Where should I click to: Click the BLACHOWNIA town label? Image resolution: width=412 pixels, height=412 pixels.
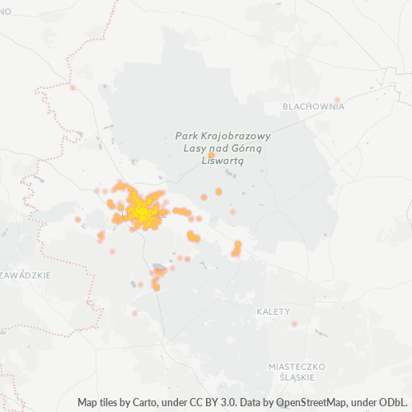312,107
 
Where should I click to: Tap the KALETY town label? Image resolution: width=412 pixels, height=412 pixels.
274,311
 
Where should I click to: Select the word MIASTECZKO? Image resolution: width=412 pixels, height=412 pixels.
297,365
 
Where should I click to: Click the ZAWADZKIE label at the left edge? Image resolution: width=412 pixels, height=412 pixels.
26,275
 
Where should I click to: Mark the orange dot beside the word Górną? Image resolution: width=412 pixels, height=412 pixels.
211,155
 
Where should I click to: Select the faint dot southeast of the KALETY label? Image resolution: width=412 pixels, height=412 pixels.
294,324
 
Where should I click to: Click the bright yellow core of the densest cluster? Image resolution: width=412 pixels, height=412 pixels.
142,213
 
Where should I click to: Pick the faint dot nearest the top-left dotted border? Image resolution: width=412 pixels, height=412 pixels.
73,87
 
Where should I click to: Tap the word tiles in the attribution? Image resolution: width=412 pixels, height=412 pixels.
111,403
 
